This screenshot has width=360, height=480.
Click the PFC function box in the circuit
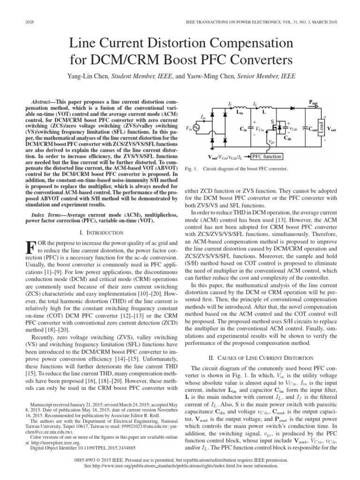267,157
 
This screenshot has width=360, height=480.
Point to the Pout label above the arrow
313,102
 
